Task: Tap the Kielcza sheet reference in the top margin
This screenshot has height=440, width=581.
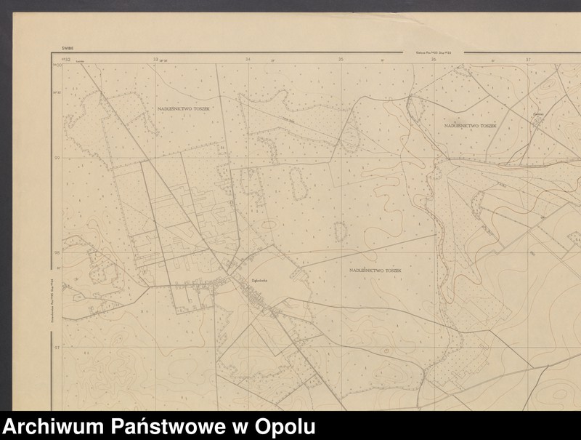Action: click(x=433, y=52)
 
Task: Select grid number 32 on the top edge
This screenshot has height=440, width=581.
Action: click(x=67, y=60)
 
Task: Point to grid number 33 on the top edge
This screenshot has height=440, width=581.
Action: click(x=155, y=60)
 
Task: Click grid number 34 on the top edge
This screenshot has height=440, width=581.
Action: click(x=248, y=60)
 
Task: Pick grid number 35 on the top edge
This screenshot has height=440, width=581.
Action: click(x=340, y=60)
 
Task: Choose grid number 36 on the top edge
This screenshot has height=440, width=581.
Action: click(x=434, y=60)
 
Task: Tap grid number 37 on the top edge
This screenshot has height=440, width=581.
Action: click(x=528, y=60)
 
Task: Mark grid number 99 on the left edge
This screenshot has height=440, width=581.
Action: click(x=57, y=157)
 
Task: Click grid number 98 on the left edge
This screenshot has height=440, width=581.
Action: click(x=57, y=252)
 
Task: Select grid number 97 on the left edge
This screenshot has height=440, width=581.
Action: click(x=57, y=347)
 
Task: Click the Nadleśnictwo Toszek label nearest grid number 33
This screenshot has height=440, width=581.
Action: click(x=184, y=108)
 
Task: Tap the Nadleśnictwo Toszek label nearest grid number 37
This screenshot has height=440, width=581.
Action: click(x=470, y=125)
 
